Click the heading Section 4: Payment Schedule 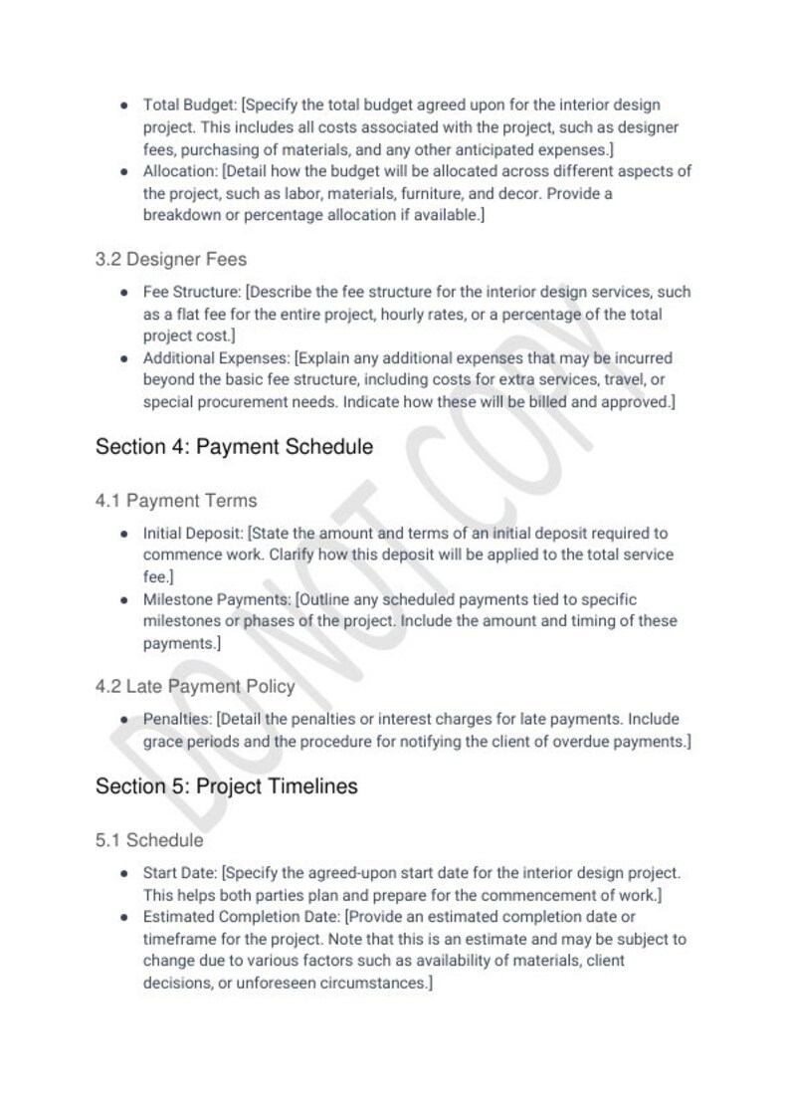(234, 447)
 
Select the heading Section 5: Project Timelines (226, 786)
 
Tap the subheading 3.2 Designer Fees (171, 259)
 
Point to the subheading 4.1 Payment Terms (176, 501)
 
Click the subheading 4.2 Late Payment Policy (195, 687)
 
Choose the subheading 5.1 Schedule (149, 840)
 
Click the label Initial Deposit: (193, 534)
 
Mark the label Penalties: (178, 719)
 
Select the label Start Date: (180, 873)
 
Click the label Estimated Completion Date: (242, 917)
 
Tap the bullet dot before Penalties (123, 720)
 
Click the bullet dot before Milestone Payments (123, 600)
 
